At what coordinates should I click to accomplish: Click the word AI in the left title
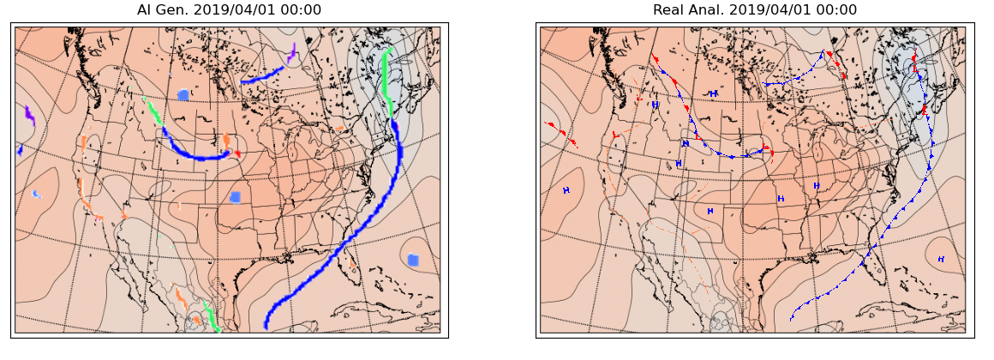coord(145,10)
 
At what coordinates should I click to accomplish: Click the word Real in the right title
coord(669,10)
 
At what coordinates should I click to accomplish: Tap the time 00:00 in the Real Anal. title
coord(835,10)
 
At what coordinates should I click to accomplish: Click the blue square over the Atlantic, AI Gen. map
coord(413,260)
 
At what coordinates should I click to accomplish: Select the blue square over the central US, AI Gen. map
coord(235,197)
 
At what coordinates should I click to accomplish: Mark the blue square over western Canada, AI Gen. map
coord(183,95)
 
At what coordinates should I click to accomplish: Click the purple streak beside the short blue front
coord(291,54)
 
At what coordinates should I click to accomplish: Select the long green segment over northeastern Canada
coord(387,81)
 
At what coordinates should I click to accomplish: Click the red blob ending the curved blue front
coord(237,153)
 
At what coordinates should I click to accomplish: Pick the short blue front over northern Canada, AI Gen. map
coord(262,75)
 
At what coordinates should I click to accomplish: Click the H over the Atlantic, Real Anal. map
coord(941,259)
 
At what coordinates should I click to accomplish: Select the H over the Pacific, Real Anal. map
coord(566,190)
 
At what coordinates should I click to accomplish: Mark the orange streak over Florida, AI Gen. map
coord(351,265)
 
